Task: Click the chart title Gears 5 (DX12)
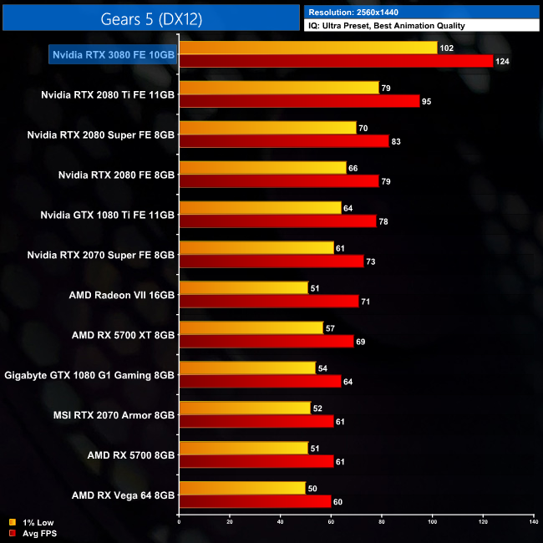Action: [x=151, y=18]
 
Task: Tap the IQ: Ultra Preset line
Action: [x=386, y=25]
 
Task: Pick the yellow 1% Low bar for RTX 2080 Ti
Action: [x=279, y=88]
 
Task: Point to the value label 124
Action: [x=501, y=62]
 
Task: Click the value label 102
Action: [x=446, y=48]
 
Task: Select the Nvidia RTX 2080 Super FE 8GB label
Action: [x=101, y=134]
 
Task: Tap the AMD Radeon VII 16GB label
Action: [x=123, y=295]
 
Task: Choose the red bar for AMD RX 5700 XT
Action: [x=266, y=342]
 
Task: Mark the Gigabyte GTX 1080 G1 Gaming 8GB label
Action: [x=90, y=375]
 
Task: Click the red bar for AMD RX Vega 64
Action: [x=255, y=502]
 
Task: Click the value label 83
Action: [x=397, y=142]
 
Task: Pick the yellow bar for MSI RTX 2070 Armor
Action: [x=244, y=409]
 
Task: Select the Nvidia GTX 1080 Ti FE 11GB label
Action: [x=107, y=215]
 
